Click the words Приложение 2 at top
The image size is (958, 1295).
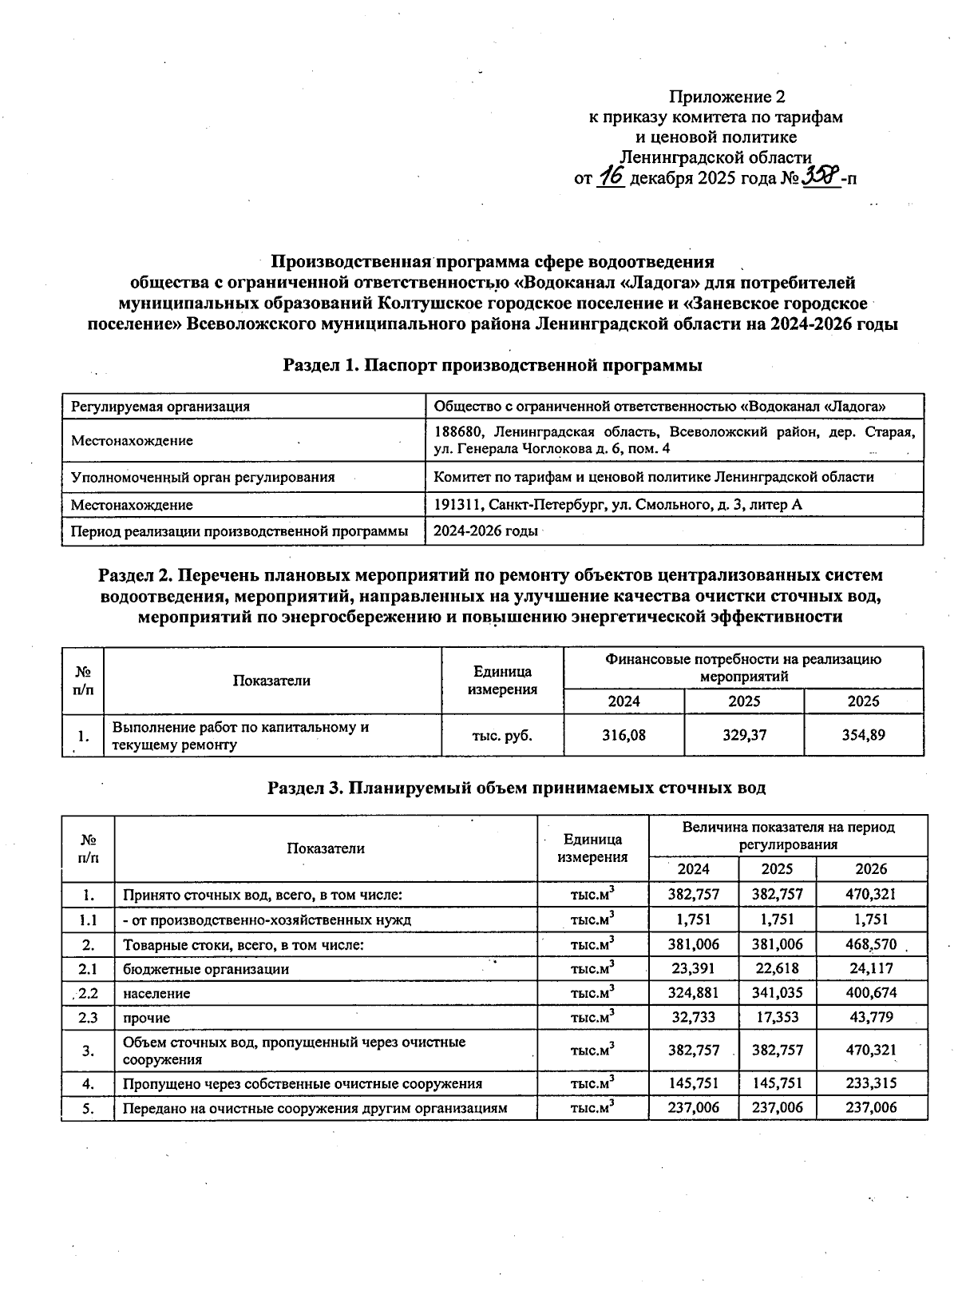click(x=726, y=97)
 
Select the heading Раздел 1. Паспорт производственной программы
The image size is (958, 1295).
click(x=493, y=366)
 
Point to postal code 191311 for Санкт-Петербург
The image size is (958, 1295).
click(x=457, y=505)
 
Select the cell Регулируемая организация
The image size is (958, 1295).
click(x=160, y=407)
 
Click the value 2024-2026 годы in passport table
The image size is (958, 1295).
click(x=485, y=531)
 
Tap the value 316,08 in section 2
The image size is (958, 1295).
click(x=623, y=735)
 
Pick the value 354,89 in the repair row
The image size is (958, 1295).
click(x=863, y=735)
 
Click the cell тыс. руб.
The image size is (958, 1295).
click(x=502, y=735)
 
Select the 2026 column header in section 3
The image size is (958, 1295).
click(x=871, y=869)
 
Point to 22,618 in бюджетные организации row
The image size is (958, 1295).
click(x=777, y=969)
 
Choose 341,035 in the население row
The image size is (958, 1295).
click(x=777, y=994)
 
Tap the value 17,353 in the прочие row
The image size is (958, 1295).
click(x=777, y=1018)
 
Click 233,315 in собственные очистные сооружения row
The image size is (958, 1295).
click(x=871, y=1084)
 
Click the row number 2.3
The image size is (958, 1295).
click(x=88, y=1018)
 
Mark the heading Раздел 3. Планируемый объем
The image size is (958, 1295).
click(x=516, y=789)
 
